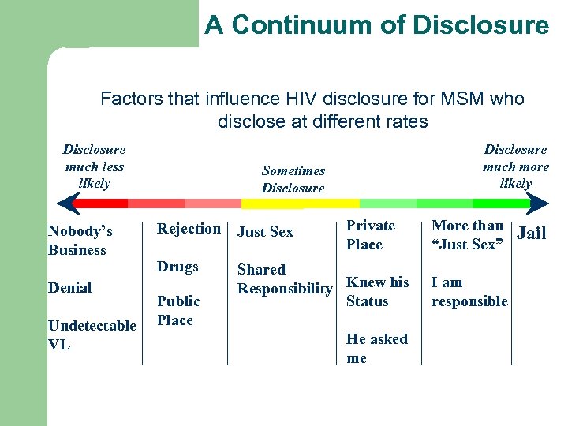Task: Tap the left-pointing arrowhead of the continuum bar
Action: coord(65,204)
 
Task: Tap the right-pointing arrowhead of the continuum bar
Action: coord(539,204)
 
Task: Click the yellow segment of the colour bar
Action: coord(300,204)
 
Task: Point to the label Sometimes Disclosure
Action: coord(293,179)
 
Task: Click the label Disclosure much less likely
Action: coord(94,166)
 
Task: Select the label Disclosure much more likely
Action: coord(515,166)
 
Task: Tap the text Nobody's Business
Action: coord(80,241)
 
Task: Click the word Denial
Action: coord(70,288)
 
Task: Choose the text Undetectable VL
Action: coord(92,335)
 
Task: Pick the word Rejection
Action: coord(189,229)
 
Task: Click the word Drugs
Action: coord(177,267)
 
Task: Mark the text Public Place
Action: coord(178,311)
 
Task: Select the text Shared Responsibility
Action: coord(285,279)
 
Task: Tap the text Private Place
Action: coord(371,235)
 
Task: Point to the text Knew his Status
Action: coord(378,292)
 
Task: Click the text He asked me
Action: coord(376,349)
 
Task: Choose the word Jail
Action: coord(531,234)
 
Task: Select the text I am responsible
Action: coord(469,292)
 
